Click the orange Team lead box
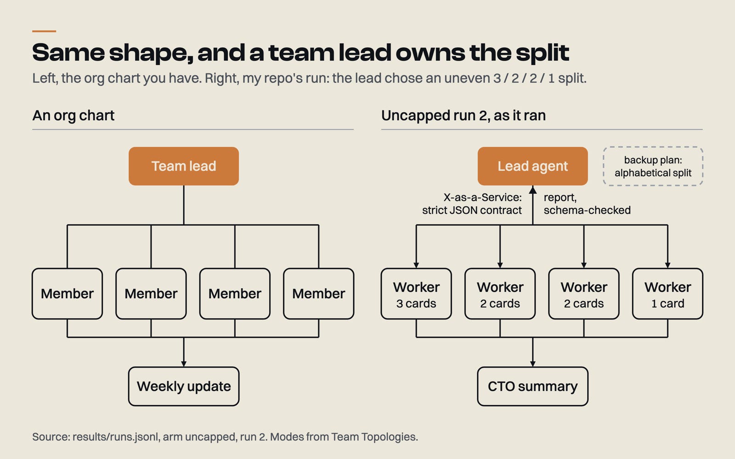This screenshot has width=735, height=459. pyautogui.click(x=184, y=166)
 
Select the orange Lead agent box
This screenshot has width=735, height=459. pyautogui.click(x=532, y=166)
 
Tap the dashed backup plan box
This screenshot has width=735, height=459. pyautogui.click(x=653, y=166)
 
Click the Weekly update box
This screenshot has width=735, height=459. pyautogui.click(x=184, y=386)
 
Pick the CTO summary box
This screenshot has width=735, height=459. pyautogui.click(x=532, y=386)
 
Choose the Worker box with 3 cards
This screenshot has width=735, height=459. pyautogui.click(x=416, y=294)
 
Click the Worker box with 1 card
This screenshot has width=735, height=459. pyautogui.click(x=668, y=294)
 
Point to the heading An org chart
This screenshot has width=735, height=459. pyautogui.click(x=73, y=116)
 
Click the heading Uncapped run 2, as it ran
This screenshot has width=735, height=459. pyautogui.click(x=464, y=116)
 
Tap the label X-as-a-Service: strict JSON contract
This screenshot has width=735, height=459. pyautogui.click(x=472, y=204)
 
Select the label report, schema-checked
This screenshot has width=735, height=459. pyautogui.click(x=587, y=204)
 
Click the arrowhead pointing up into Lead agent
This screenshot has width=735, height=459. pyautogui.click(x=533, y=190)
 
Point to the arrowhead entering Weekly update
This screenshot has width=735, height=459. pyautogui.click(x=184, y=364)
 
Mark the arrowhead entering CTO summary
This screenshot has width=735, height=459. pyautogui.click(x=532, y=364)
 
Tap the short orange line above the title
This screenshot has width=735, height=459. pyautogui.click(x=44, y=31)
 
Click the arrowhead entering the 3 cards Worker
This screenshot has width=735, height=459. pyautogui.click(x=416, y=265)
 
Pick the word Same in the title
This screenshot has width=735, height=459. pyautogui.click(x=68, y=52)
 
